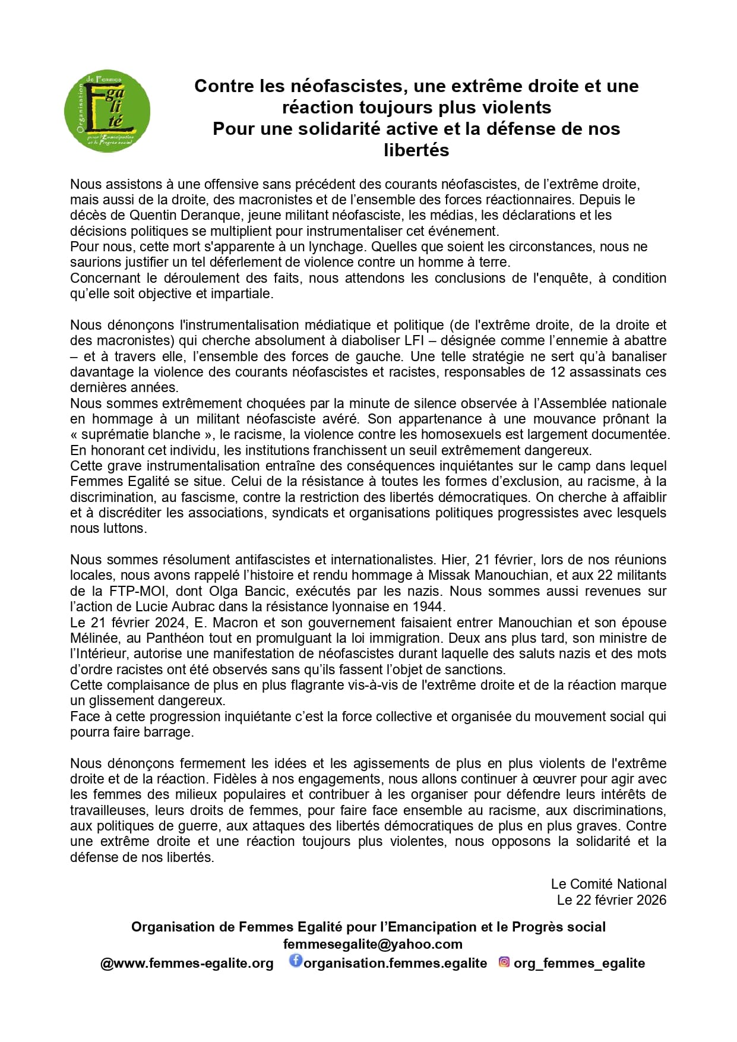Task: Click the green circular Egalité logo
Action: pos(107,111)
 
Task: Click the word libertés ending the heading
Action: pos(416,150)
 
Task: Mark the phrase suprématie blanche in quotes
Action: pos(141,434)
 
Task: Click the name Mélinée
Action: pos(93,638)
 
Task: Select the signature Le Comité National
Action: pos(608,884)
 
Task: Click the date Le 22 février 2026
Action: pos(611,900)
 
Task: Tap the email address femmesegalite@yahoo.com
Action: pos(372,944)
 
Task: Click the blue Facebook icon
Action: pos(295,961)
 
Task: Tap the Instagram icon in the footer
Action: pos(504,962)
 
